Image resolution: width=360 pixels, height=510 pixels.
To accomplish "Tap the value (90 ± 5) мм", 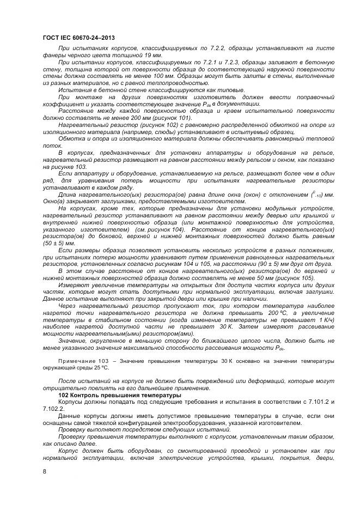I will click(265, 263).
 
